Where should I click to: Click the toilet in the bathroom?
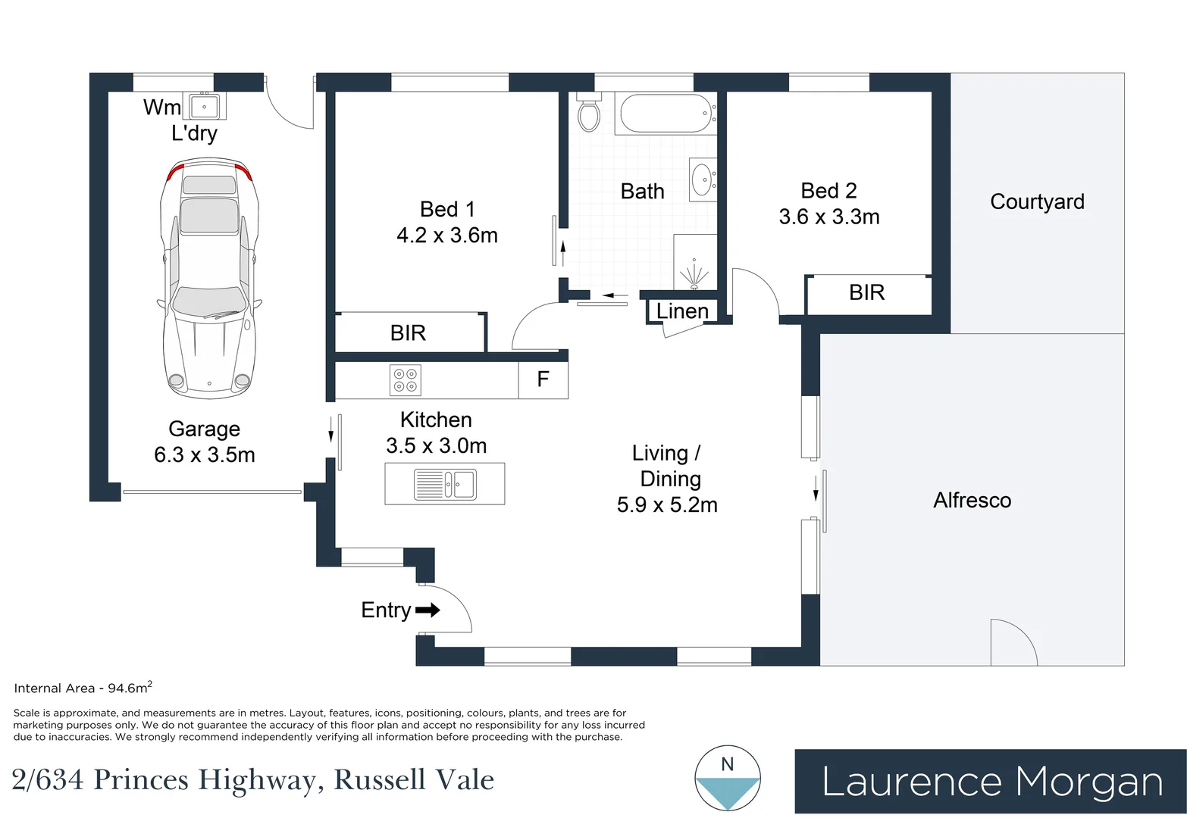tap(589, 112)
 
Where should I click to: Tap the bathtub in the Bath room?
tap(666, 114)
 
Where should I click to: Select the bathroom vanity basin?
tap(703, 180)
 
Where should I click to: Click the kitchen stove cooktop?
tap(406, 380)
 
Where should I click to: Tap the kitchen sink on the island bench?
tap(445, 485)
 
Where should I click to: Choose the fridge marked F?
tap(543, 379)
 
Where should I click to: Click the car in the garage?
tap(209, 278)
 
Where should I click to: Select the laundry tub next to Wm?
tap(204, 106)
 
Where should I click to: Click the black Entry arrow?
tap(428, 610)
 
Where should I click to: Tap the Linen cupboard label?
tap(682, 311)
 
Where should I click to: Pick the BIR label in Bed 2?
tap(867, 292)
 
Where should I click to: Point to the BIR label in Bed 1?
tap(408, 333)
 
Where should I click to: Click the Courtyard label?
tap(1037, 201)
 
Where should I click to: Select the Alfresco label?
tap(972, 501)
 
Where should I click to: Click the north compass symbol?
tap(728, 779)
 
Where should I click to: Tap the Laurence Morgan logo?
tap(991, 782)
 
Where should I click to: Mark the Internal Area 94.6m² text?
tap(83, 688)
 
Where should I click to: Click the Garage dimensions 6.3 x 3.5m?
tap(205, 454)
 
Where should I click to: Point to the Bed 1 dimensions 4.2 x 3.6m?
tap(447, 235)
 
